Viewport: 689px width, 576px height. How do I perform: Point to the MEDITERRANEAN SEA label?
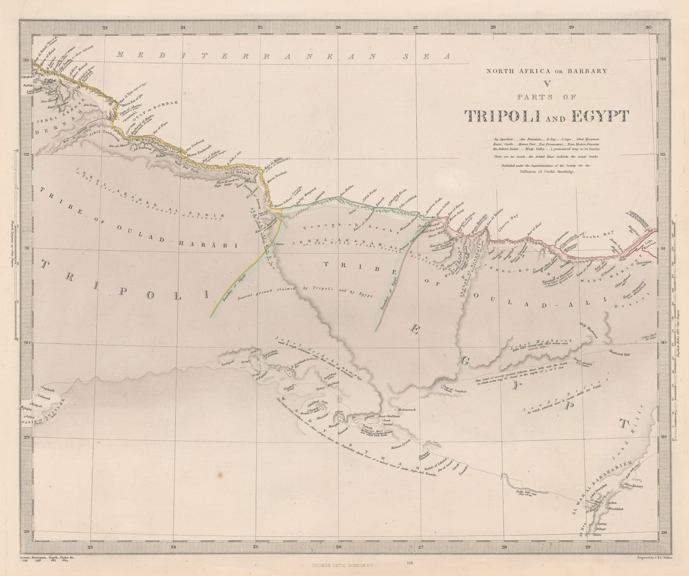[283, 56]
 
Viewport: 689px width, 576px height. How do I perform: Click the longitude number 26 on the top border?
[338, 28]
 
